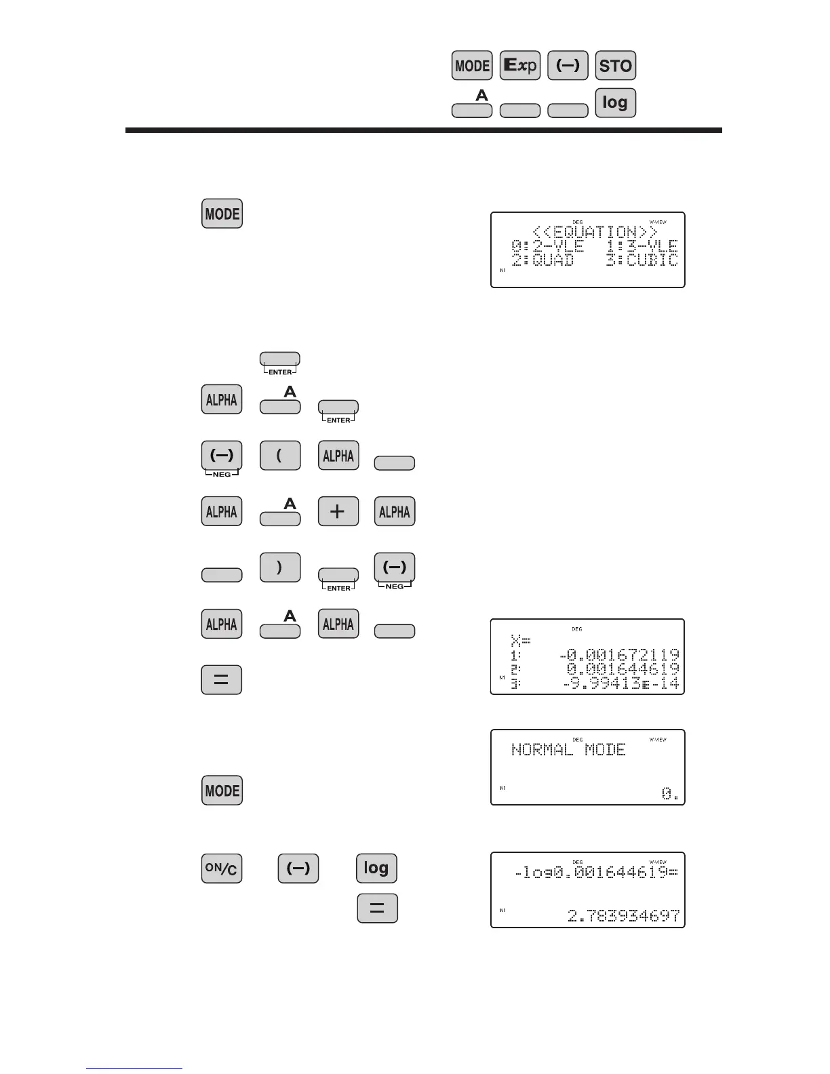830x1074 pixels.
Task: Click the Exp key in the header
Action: coord(519,66)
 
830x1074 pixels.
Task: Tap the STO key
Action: coord(615,66)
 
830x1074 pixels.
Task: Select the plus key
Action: coord(338,512)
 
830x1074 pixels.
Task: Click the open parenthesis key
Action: coord(279,456)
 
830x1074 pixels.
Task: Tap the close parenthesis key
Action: coord(279,568)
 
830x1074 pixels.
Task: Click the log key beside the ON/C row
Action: coord(376,869)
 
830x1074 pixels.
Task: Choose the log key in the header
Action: coord(615,103)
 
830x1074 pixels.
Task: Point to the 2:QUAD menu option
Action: coord(542,260)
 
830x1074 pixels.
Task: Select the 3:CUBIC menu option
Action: coord(641,260)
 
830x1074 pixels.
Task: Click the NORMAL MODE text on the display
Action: coord(568,750)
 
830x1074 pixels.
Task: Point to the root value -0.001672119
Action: coord(619,656)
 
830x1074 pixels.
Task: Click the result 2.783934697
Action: coord(623,916)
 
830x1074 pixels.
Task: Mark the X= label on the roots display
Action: coord(520,641)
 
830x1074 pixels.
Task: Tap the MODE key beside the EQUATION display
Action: coord(222,214)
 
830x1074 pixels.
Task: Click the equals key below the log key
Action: coord(377,909)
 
